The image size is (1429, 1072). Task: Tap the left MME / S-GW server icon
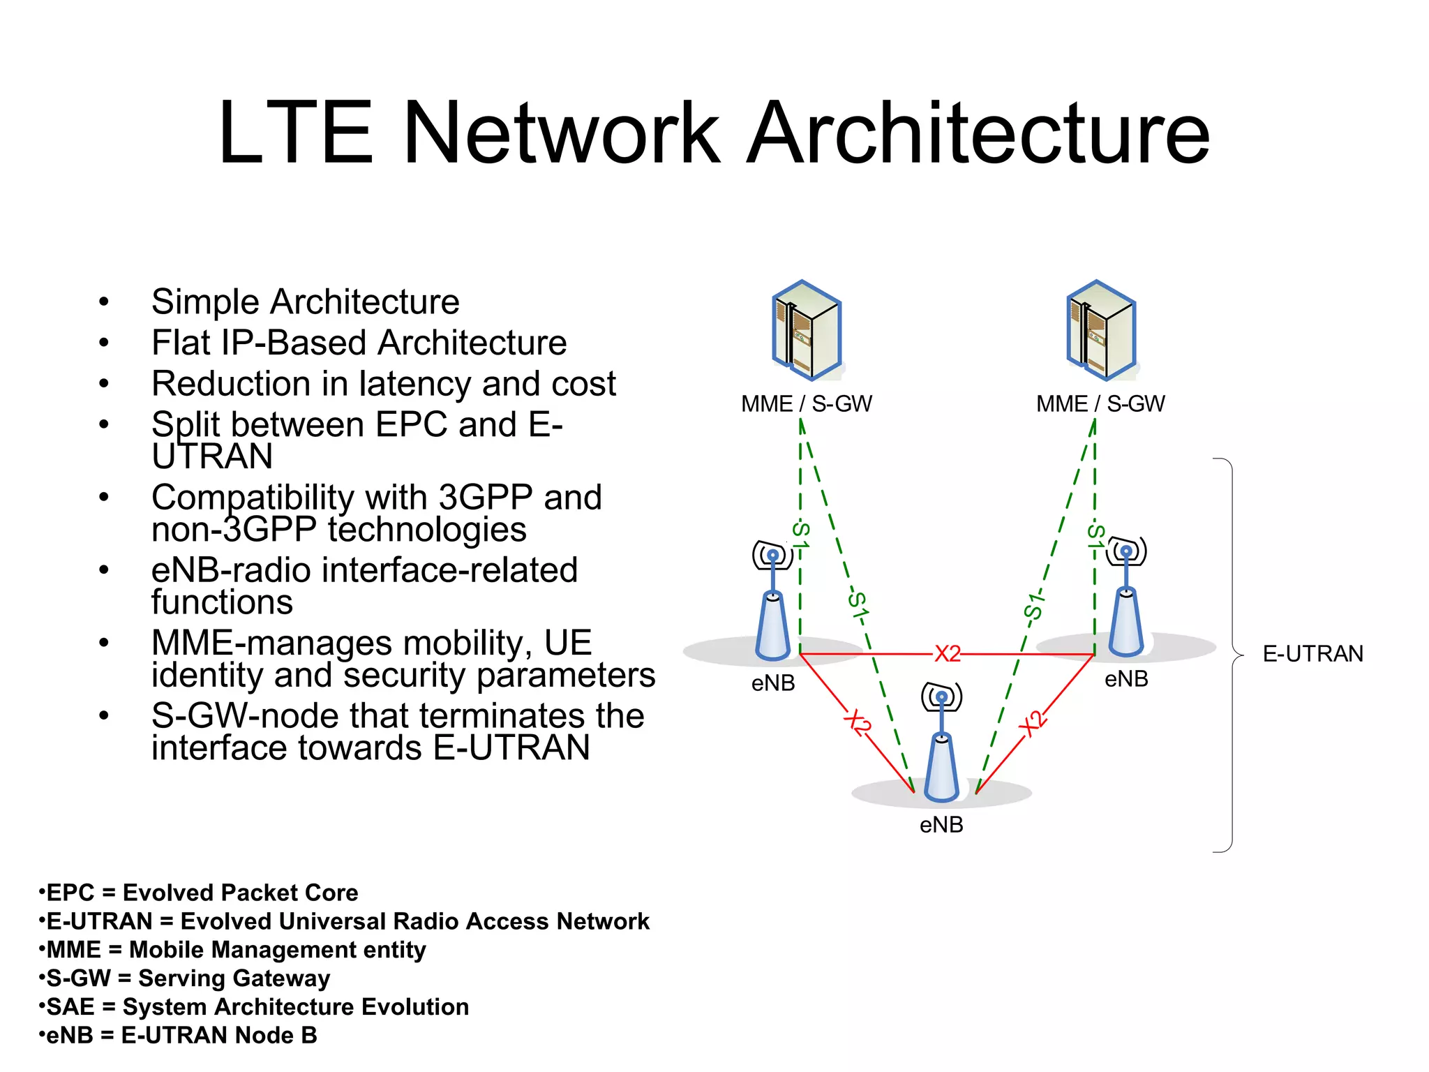click(807, 330)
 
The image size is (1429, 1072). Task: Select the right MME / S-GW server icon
click(1101, 330)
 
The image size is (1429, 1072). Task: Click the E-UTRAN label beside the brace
click(1312, 654)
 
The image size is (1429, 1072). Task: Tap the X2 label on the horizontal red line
click(948, 654)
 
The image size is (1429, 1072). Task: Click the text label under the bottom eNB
click(941, 825)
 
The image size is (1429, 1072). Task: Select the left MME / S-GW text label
click(807, 404)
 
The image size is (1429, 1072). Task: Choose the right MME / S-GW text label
click(1100, 404)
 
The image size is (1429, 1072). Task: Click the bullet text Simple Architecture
click(305, 302)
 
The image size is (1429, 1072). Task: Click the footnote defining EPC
click(199, 893)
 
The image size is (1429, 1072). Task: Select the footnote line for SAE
click(254, 1007)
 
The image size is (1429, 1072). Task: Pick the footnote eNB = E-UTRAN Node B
click(179, 1036)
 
